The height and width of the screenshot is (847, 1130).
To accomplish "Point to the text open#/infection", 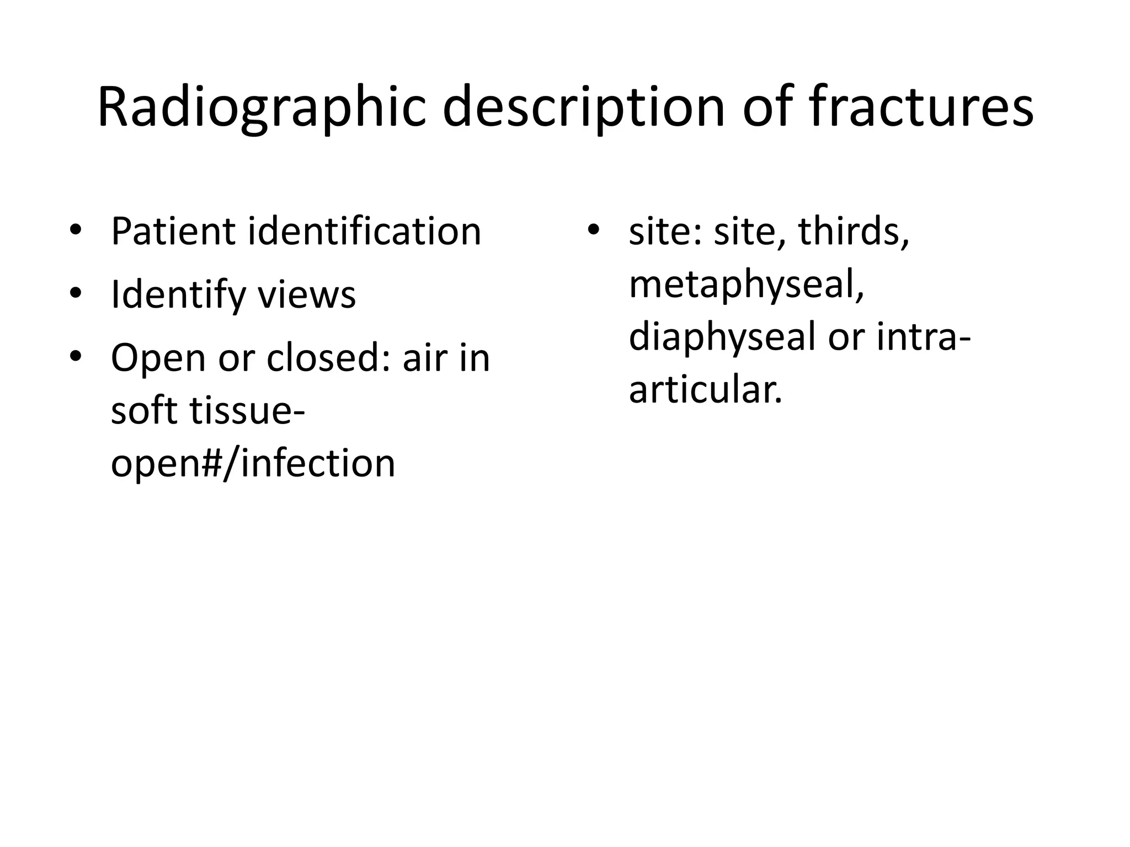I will [x=253, y=463].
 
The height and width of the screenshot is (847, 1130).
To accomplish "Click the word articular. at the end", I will [x=706, y=389].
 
